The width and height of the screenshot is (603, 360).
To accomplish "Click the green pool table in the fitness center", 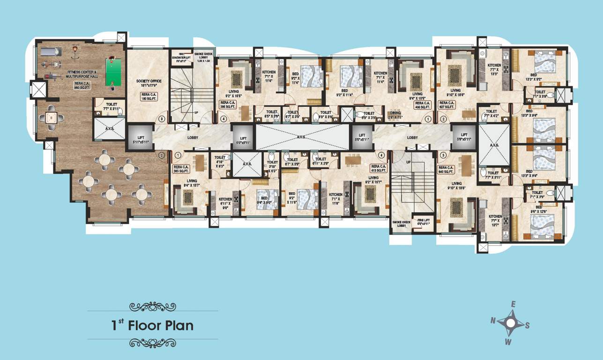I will (x=113, y=71).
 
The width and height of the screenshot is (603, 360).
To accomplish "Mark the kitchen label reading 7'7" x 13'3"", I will (x=494, y=69).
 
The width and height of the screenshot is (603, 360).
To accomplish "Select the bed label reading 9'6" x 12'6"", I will (x=536, y=209).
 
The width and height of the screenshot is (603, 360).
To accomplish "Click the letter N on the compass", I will (x=493, y=320).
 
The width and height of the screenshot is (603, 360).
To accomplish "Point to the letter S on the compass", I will (x=527, y=325).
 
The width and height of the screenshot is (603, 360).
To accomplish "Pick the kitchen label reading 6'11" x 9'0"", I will (x=225, y=202).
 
